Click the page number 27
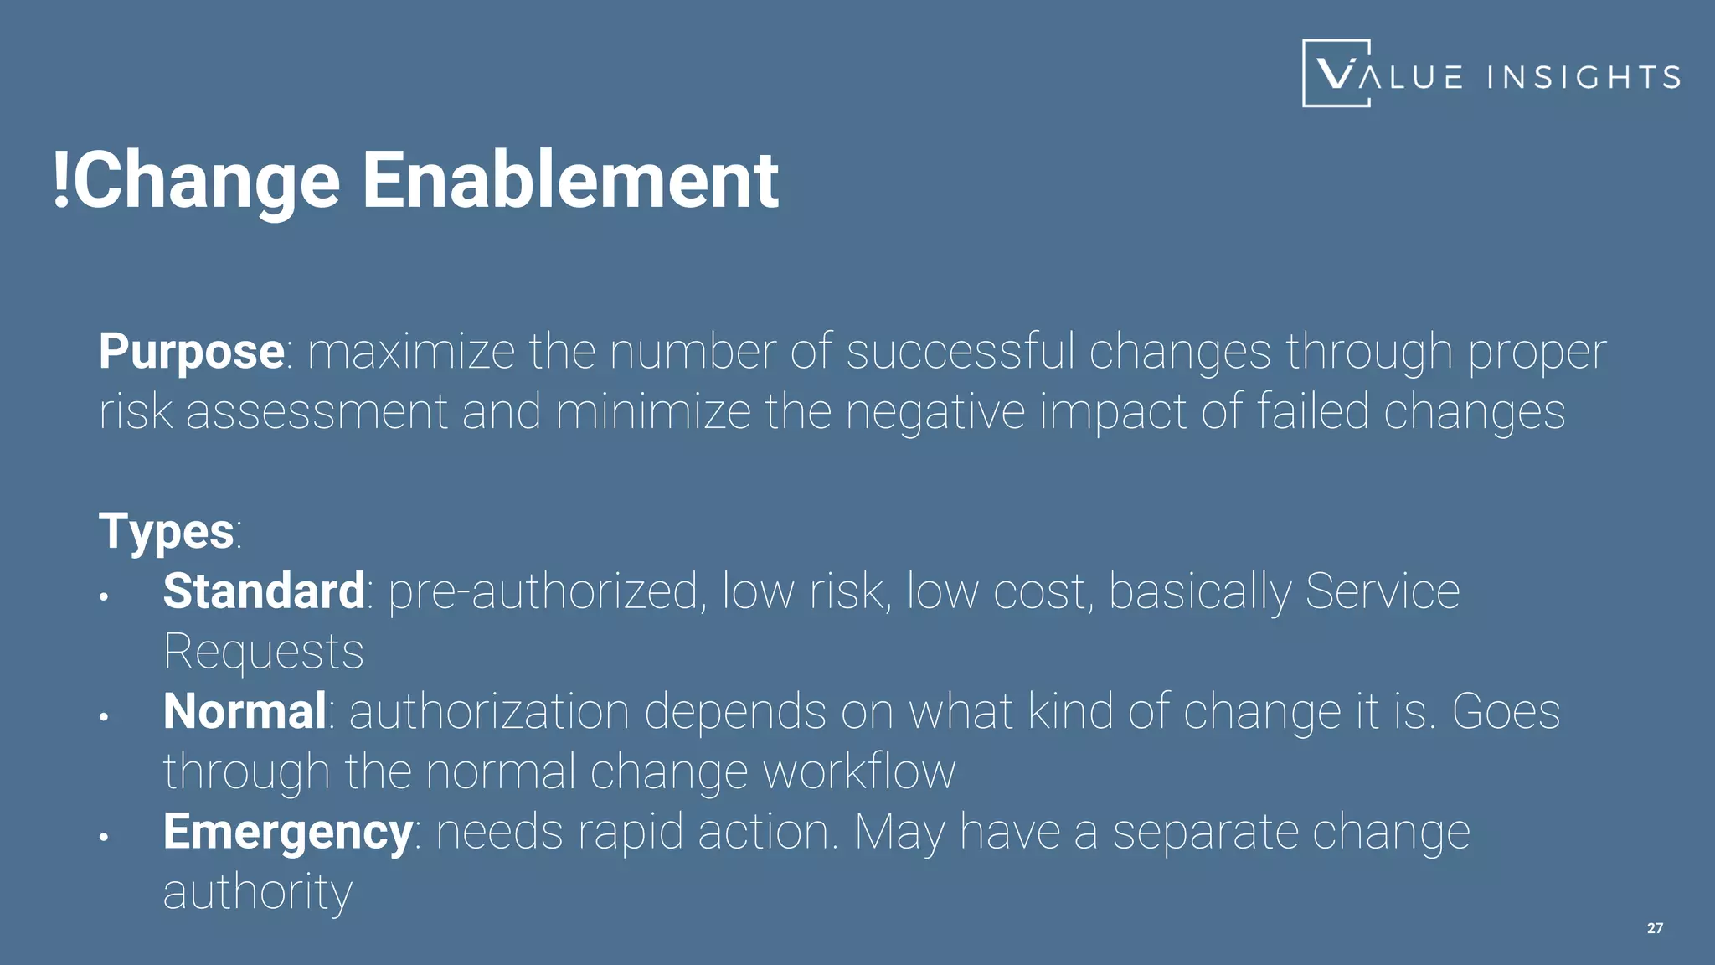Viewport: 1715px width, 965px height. tap(1655, 928)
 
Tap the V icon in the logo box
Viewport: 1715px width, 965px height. tap(1336, 73)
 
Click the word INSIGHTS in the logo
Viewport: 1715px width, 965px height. tap(1584, 77)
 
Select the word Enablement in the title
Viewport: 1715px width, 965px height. tap(569, 180)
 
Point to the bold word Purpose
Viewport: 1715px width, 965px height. tap(191, 351)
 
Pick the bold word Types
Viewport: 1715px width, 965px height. tap(166, 531)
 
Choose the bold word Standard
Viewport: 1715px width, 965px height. tap(264, 591)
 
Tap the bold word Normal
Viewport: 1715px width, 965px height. tap(245, 711)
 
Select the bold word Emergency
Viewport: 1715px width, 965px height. tap(287, 832)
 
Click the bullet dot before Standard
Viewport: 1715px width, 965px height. tap(104, 597)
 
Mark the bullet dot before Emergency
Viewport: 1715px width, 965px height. tap(104, 837)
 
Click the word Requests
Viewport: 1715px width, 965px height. tap(264, 652)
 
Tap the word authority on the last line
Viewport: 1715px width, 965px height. tap(257, 892)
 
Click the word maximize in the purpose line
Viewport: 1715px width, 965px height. tap(411, 351)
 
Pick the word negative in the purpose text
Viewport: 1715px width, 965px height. tap(935, 411)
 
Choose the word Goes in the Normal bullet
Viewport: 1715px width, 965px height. tap(1505, 711)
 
